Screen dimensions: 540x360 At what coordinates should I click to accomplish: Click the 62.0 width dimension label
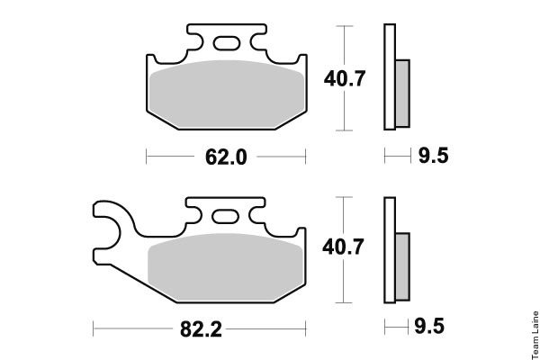(x=226, y=157)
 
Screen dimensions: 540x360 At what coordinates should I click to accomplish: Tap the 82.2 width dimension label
(x=201, y=329)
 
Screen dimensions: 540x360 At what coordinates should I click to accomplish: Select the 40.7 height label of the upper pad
(x=344, y=78)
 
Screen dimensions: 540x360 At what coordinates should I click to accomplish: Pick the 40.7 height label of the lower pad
(x=343, y=247)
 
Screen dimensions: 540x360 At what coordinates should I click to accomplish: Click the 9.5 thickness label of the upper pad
(x=433, y=155)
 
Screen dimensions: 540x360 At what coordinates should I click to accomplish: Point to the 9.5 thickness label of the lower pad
(x=429, y=326)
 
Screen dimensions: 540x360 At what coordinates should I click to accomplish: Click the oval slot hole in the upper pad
(x=227, y=43)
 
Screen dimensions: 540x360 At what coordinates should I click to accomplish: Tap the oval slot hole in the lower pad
(x=225, y=216)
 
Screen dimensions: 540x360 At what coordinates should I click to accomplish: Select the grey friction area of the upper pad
(x=227, y=94)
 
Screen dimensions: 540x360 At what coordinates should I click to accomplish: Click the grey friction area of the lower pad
(x=226, y=267)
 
